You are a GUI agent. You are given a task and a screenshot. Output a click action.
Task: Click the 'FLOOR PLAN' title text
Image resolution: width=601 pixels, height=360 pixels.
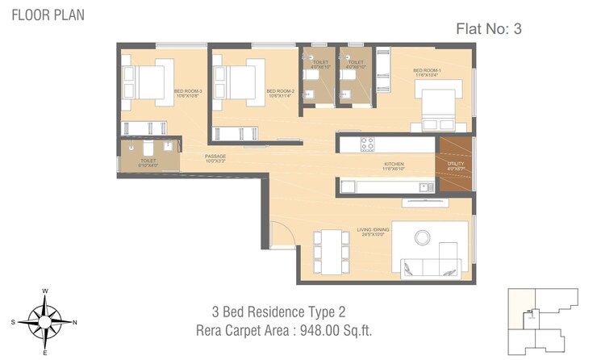pyautogui.click(x=47, y=15)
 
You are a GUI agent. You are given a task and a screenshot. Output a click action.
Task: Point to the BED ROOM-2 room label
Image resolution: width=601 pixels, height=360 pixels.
pyautogui.click(x=279, y=92)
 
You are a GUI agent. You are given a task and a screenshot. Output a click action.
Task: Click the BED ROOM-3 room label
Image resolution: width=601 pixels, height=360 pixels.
pyautogui.click(x=187, y=92)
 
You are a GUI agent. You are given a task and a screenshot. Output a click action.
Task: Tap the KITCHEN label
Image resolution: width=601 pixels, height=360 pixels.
pyautogui.click(x=394, y=165)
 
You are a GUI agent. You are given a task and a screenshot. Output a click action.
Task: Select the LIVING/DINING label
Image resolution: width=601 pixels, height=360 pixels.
pyautogui.click(x=373, y=232)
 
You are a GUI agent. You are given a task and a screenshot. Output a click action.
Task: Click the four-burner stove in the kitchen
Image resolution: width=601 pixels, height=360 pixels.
pyautogui.click(x=367, y=144)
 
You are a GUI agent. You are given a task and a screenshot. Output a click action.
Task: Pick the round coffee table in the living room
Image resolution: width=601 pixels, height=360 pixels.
pyautogui.click(x=423, y=237)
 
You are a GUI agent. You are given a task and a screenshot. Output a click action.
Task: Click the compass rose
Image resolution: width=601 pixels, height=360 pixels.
pyautogui.click(x=45, y=320)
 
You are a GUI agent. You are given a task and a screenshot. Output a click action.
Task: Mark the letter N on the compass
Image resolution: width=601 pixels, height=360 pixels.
pyautogui.click(x=75, y=321)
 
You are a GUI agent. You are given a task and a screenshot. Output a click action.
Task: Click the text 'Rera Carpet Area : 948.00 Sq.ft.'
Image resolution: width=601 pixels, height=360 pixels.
pyautogui.click(x=283, y=330)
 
